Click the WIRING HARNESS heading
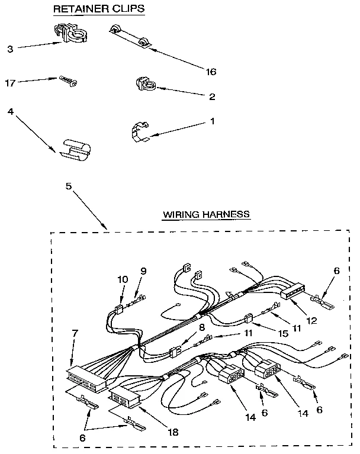[x=206, y=214]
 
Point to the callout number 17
[x=10, y=83]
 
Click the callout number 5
[x=68, y=185]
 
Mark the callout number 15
[x=284, y=334]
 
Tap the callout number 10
[x=123, y=279]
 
